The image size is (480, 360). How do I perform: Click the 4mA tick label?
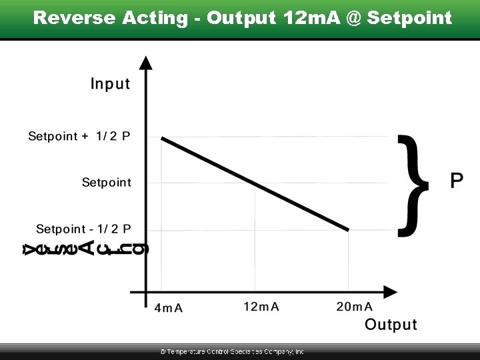click(169, 308)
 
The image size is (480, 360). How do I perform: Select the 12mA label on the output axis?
click(261, 307)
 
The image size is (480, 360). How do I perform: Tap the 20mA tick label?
click(354, 307)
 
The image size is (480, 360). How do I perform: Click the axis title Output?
click(391, 325)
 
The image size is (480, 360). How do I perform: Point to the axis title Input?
click(111, 84)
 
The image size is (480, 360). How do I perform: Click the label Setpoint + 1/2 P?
click(79, 137)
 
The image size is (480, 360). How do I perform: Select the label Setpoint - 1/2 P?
click(83, 229)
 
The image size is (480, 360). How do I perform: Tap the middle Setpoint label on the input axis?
click(107, 182)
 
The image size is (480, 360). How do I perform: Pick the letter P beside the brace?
click(457, 181)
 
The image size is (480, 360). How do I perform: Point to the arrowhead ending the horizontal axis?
click(391, 292)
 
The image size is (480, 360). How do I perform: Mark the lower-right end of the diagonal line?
click(348, 230)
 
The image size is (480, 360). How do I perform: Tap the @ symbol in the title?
click(354, 18)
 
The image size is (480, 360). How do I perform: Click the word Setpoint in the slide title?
click(409, 18)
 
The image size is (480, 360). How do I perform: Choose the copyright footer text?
click(232, 351)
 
